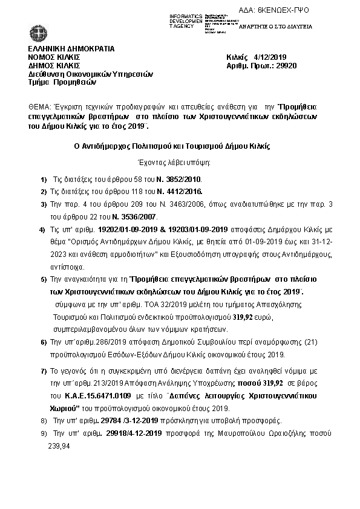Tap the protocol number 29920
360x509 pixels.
pos(286,66)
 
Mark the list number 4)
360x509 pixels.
pos(42,230)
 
